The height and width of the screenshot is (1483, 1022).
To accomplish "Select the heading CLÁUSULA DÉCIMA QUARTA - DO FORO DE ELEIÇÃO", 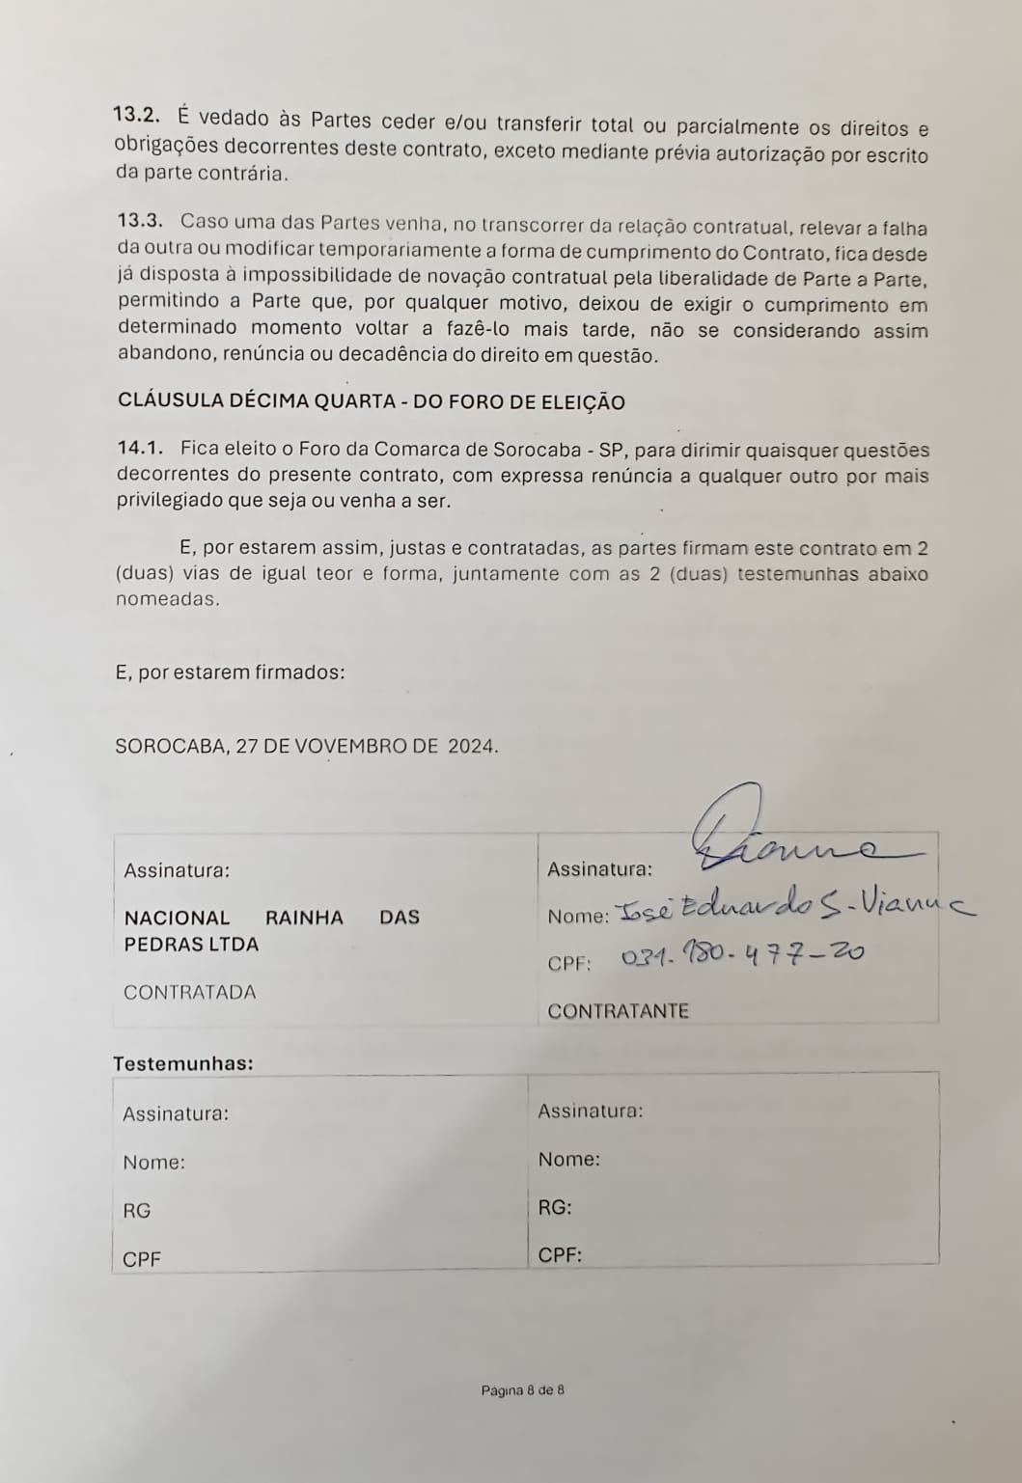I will click(371, 401).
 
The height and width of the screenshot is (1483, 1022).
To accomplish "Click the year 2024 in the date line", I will click(471, 746).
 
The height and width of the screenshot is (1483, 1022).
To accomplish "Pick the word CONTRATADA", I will click(190, 992).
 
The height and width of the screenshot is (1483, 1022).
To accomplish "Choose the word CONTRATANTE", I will click(618, 1011).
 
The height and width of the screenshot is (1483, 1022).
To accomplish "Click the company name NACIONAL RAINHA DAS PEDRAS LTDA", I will click(271, 930).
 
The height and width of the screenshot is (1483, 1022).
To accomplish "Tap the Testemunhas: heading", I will click(183, 1063).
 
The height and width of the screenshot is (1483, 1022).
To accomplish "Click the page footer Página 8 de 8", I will click(522, 1390).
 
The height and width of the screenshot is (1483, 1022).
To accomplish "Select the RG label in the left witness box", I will click(136, 1210).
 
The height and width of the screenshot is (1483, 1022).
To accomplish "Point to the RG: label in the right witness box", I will click(554, 1207).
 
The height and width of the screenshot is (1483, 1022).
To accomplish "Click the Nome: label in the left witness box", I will click(153, 1162).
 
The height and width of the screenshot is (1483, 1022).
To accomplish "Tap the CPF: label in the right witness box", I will click(560, 1255).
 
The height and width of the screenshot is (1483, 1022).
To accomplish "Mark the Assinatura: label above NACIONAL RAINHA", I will click(177, 870).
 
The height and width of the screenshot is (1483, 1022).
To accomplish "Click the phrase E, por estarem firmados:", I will click(230, 672).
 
